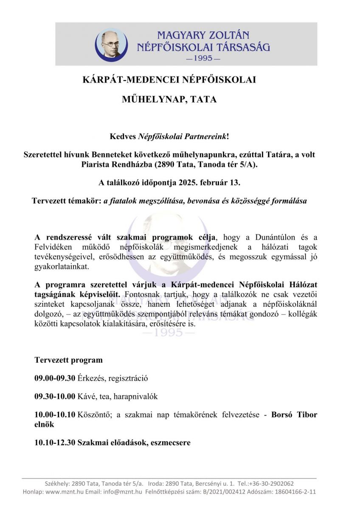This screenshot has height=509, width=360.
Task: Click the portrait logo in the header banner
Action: click(112, 45)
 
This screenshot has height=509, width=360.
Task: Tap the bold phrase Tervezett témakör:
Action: click(67, 201)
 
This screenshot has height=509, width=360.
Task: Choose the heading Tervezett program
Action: click(68, 360)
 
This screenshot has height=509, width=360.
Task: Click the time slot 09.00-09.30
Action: click(55, 378)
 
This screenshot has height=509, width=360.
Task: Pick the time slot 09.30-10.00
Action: click(55, 397)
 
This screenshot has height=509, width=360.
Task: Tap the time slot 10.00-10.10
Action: click(55, 415)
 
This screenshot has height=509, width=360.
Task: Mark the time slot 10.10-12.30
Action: click(55, 443)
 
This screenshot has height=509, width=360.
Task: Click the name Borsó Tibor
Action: click(294, 415)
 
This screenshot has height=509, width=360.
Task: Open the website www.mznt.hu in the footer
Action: click(63, 492)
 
